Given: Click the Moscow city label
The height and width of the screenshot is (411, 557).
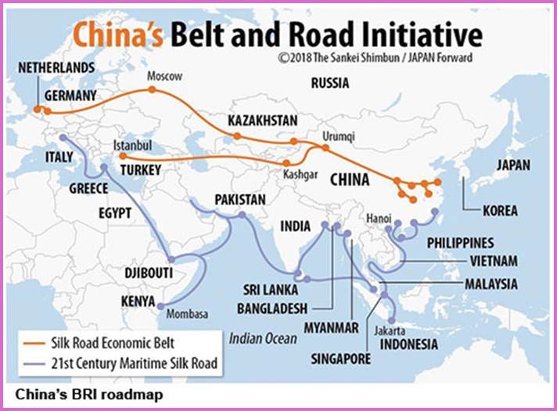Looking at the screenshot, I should [x=164, y=77].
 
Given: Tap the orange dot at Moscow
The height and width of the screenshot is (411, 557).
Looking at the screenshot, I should [x=153, y=90].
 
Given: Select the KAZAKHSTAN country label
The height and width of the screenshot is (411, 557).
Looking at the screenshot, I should [x=263, y=121].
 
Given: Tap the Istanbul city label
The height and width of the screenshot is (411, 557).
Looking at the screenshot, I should [x=132, y=145].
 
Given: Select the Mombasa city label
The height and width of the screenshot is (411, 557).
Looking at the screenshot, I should [x=188, y=314].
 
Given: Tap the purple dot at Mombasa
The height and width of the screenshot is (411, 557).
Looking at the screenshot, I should [x=160, y=306].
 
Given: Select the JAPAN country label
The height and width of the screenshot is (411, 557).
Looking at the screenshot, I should [x=512, y=165].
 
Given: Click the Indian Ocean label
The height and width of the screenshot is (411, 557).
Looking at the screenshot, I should [x=264, y=338].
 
